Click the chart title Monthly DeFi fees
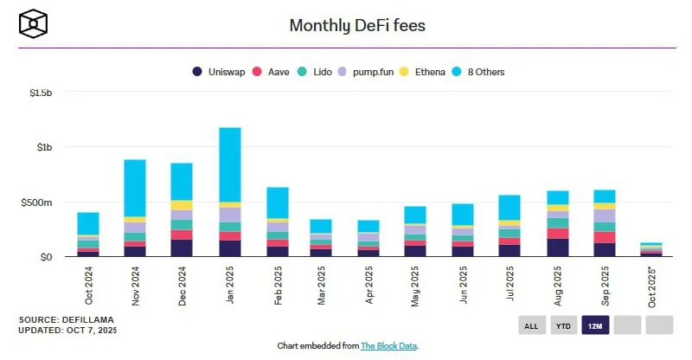point(356,25)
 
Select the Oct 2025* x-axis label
point(651,286)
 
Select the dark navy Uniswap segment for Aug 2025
point(557,247)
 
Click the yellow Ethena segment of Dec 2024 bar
point(182,205)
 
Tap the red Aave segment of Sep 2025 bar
point(604,237)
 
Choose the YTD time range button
point(563,325)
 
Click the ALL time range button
point(531,325)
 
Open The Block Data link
point(388,345)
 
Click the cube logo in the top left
point(33,22)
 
